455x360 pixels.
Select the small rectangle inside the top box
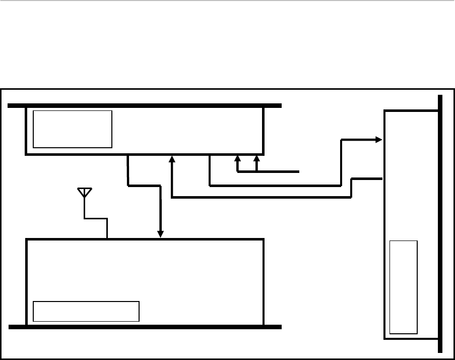(x=73, y=129)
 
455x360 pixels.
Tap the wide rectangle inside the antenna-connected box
(x=86, y=311)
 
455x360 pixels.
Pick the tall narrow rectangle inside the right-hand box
(x=404, y=287)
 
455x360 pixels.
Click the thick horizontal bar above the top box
(x=145, y=106)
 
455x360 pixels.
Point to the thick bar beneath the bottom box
(x=145, y=327)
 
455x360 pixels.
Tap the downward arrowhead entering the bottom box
(x=161, y=234)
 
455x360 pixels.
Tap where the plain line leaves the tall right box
(x=383, y=178)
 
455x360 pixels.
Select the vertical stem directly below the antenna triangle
(x=84, y=208)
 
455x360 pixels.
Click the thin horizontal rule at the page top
(x=227, y=1)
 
